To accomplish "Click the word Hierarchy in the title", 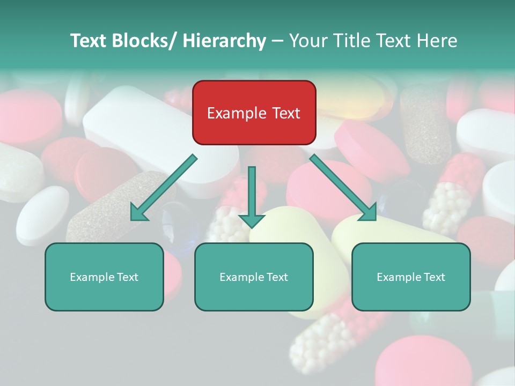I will tap(224, 41).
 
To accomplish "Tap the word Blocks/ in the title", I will tap(145, 41).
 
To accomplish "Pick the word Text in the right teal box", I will tap(433, 277).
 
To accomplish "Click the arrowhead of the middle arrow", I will tap(252, 220).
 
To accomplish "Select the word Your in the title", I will tap(307, 41).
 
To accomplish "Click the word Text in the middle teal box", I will tap(276, 277).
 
